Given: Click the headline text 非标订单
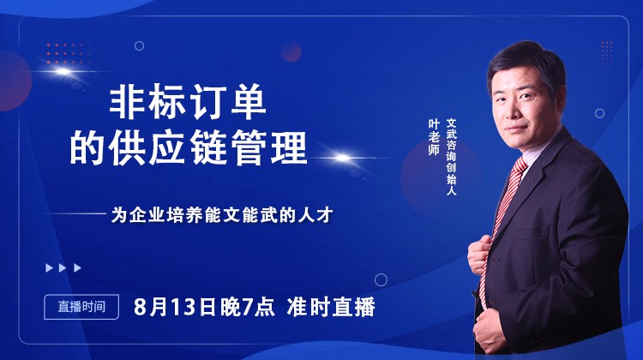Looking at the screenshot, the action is click(x=189, y=102).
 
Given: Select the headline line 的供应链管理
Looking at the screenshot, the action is click(x=189, y=147).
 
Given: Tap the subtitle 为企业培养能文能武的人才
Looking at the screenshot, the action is click(x=222, y=215).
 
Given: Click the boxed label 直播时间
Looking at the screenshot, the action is click(x=81, y=307).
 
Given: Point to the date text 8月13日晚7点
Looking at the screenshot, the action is click(x=204, y=307).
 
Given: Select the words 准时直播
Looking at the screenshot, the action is click(x=331, y=307).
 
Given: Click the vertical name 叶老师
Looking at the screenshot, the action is click(x=434, y=137).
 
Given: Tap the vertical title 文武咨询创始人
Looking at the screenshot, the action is click(x=451, y=157).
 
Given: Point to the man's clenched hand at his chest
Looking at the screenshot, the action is click(x=480, y=255).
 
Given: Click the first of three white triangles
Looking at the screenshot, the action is click(x=49, y=267).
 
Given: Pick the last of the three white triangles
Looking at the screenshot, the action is click(x=77, y=267).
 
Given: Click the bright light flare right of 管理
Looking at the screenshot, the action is click(x=342, y=158).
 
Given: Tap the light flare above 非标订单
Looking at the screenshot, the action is click(x=63, y=72).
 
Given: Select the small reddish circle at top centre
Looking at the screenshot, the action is click(x=291, y=51).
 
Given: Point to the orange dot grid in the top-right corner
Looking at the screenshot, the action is click(x=607, y=52).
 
